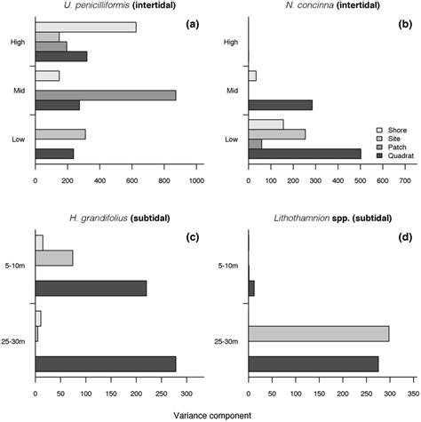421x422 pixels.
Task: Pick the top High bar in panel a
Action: tap(85, 27)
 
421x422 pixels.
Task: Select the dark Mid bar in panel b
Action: tap(281, 105)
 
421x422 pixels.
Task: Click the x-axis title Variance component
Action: tap(210, 414)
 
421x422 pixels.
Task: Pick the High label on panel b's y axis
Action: tap(232, 42)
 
